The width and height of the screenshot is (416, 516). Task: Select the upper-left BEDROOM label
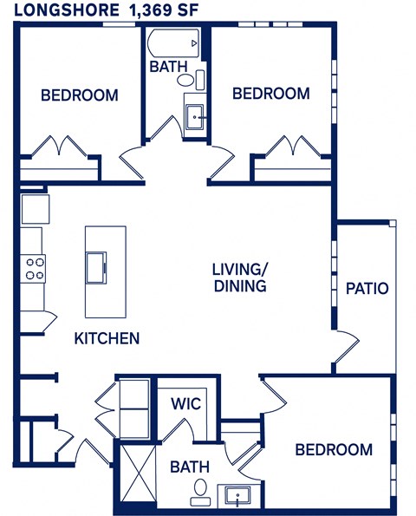click(80, 95)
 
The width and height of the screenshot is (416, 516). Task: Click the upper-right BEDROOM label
click(270, 94)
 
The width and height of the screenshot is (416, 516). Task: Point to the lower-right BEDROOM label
click(334, 449)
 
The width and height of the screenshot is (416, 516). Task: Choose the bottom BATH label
click(190, 467)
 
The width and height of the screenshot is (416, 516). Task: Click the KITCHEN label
click(107, 338)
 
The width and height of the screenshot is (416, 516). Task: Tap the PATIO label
click(367, 289)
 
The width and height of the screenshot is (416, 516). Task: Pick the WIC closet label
click(185, 403)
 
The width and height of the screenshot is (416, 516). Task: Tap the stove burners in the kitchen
click(34, 268)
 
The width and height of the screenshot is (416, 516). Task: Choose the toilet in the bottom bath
click(200, 491)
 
